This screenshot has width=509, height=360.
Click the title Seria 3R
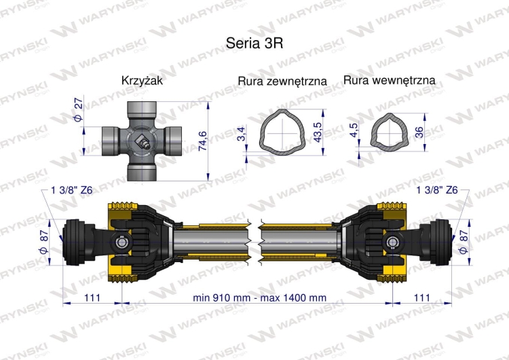click(x=254, y=41)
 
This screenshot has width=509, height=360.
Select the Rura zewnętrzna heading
click(x=282, y=81)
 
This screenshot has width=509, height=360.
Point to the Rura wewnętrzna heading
click(x=390, y=80)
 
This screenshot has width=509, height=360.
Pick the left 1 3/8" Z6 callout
click(x=72, y=190)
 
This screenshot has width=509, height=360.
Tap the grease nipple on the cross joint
click(x=143, y=143)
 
